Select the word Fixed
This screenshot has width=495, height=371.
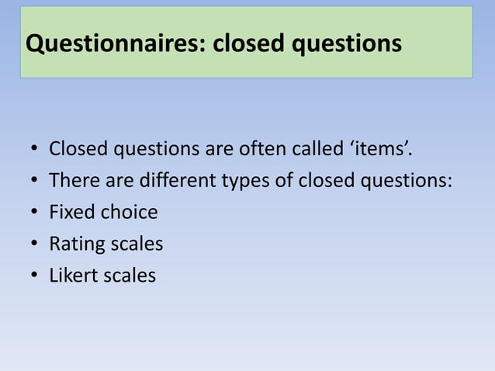[x=70, y=212]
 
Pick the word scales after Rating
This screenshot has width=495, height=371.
[x=136, y=244]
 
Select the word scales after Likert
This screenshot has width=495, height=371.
[x=129, y=276]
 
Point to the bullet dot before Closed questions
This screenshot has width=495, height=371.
[x=35, y=149]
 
